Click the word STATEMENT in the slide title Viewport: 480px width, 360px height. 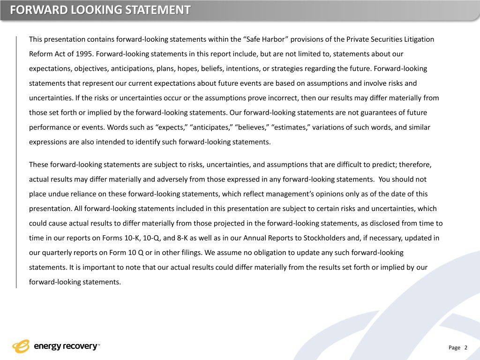153,10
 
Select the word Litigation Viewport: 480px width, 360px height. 417,39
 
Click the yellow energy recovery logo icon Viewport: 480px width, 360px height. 21,346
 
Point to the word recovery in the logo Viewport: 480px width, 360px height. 79,347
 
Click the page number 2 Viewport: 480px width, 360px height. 465,347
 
